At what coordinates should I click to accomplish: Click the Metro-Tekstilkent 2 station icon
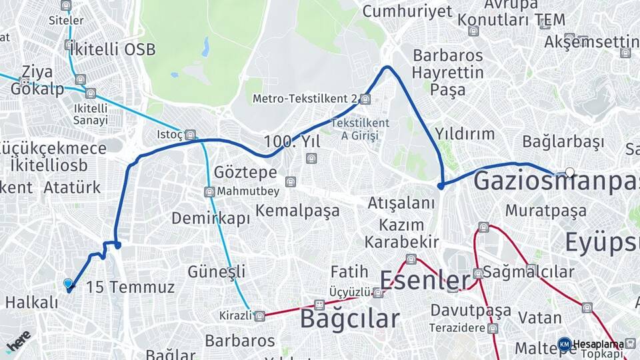[365, 99]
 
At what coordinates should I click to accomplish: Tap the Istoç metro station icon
[190, 135]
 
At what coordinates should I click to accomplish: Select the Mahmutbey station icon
[209, 192]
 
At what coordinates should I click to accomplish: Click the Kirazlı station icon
[259, 315]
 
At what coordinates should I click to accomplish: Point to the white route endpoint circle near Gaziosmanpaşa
[569, 172]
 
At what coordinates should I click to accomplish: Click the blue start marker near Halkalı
[68, 284]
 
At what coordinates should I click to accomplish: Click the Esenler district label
[425, 280]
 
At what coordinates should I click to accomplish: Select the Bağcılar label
[349, 319]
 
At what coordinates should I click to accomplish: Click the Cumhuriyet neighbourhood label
[407, 11]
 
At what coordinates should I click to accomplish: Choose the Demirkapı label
[211, 218]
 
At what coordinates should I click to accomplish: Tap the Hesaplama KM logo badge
[564, 344]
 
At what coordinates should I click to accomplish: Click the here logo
[18, 341]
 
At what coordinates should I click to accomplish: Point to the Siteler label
[66, 20]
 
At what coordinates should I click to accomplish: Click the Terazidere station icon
[492, 328]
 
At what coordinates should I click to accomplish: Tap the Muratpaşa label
[546, 211]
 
